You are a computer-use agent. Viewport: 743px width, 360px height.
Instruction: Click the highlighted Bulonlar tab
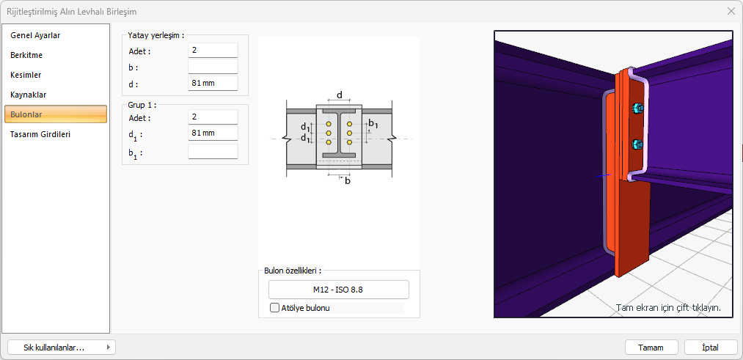[56, 114]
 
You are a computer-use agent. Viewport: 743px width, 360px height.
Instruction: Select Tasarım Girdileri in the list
[40, 134]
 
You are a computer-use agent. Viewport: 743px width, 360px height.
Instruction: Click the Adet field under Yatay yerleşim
[213, 51]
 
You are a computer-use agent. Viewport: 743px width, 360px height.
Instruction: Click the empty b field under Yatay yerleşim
[213, 67]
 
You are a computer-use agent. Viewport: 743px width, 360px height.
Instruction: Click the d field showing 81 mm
[213, 84]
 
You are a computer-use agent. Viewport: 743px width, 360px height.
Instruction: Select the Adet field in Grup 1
[213, 117]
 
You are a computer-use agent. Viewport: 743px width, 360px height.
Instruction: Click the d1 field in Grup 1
[213, 133]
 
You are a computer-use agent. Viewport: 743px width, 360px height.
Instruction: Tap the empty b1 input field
[213, 152]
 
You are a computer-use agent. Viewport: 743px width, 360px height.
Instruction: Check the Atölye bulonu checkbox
[275, 308]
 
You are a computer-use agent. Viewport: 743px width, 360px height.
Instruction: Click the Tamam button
[651, 348]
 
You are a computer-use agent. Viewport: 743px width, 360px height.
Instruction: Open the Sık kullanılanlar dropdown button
[61, 348]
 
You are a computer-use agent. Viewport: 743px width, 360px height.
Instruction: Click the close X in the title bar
[731, 11]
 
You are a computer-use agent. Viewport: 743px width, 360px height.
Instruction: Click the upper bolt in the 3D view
[636, 109]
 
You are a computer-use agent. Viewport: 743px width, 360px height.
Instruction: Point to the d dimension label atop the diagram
[339, 95]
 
